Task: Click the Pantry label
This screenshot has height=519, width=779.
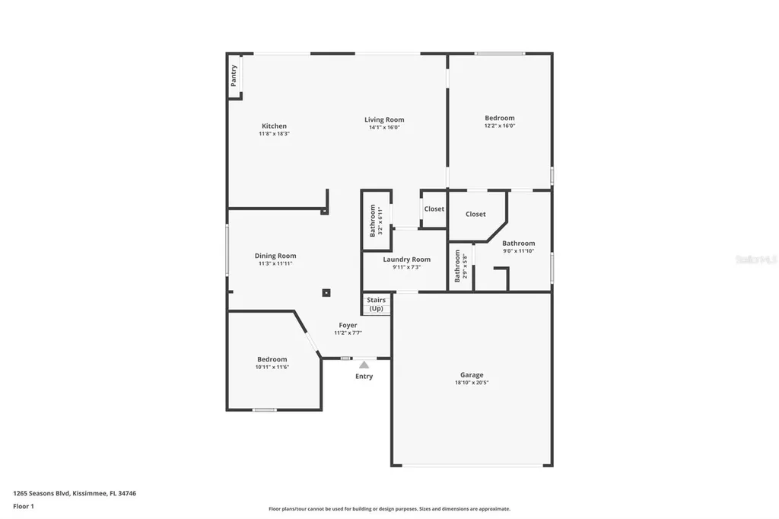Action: [234, 75]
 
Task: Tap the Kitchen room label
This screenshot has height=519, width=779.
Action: [274, 126]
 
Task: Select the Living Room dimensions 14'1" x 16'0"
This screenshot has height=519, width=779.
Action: [384, 127]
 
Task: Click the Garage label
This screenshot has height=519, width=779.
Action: [472, 375]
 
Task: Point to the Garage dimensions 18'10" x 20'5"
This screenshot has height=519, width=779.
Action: [472, 383]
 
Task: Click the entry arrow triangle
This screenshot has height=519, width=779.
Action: [364, 365]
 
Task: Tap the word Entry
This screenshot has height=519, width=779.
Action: [364, 377]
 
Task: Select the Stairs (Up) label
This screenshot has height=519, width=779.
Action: [376, 304]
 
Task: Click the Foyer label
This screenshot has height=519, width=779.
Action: [348, 325]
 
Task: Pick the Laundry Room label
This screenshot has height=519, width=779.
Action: [407, 259]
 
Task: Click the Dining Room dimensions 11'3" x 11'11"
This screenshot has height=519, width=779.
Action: [275, 263]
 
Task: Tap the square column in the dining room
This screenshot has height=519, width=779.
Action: [326, 293]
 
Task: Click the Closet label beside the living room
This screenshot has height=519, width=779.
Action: [434, 209]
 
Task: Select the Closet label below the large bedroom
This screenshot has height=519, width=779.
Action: [475, 215]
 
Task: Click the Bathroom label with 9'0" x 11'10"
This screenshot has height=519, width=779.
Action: [519, 244]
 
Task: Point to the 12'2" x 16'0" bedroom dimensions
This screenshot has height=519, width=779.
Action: [500, 126]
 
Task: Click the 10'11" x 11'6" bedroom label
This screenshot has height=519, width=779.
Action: [272, 359]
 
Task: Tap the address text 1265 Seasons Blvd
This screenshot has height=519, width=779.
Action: [42, 494]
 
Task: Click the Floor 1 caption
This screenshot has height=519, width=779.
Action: [24, 507]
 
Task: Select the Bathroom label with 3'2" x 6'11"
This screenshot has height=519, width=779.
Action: [373, 220]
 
